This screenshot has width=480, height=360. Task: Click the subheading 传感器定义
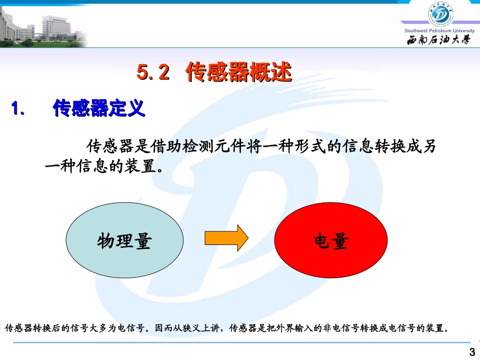(x=99, y=108)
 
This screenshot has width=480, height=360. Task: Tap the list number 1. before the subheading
(x=18, y=109)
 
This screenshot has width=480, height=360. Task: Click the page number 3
(x=472, y=352)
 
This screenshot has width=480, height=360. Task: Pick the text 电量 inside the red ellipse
(x=331, y=242)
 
